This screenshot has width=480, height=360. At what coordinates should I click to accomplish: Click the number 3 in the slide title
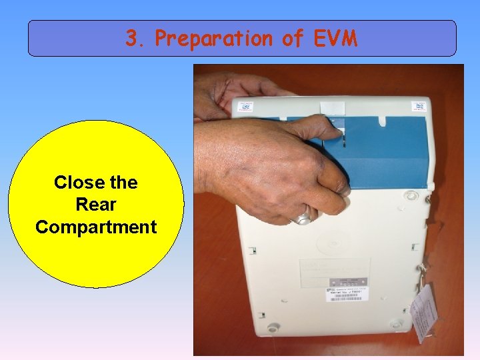(131, 39)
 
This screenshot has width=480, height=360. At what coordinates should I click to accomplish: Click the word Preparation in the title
(213, 39)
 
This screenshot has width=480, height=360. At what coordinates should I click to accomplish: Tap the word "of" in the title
(293, 39)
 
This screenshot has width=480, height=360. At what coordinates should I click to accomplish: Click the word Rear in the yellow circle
(96, 205)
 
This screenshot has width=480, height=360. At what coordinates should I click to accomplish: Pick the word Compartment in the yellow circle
(96, 227)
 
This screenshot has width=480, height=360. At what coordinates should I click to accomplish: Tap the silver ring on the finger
(305, 216)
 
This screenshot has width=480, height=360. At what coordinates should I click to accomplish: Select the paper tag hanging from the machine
(424, 310)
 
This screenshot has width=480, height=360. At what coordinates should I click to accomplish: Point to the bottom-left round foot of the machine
(271, 328)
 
